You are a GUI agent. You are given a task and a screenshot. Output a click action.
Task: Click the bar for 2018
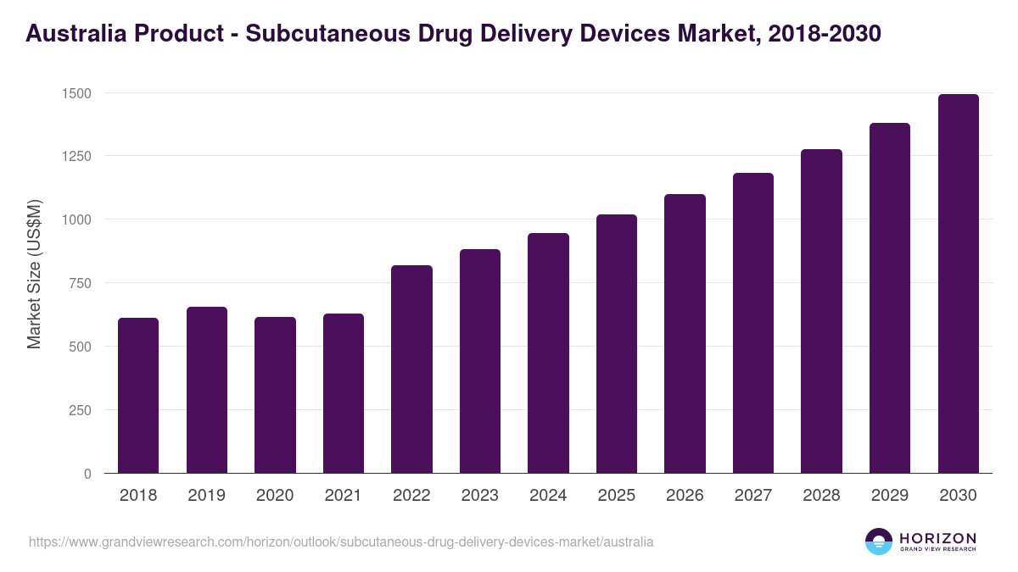coord(138,396)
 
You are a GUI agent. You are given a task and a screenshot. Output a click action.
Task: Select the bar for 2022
coord(411,369)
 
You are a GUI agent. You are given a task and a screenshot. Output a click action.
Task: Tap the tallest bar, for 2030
coord(958,284)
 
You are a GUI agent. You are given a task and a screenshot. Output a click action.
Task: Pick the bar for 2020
coord(275,395)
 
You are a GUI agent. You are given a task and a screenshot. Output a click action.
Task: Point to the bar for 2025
coord(616,344)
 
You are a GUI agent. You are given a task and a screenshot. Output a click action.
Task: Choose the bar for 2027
coord(752,323)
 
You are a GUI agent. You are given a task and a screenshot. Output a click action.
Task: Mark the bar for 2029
coord(889,298)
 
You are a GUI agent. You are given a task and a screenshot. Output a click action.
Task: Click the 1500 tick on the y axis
coord(76,93)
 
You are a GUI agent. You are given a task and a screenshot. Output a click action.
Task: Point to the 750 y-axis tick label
coord(79,283)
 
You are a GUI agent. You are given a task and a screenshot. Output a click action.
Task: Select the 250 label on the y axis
coord(79,410)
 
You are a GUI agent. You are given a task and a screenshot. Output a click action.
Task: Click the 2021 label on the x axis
coord(344,496)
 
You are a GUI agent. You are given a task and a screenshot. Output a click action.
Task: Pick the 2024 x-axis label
coord(548,496)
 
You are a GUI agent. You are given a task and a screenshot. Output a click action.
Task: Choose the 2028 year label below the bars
coord(821,496)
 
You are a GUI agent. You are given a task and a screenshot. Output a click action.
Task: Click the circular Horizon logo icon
coord(878,541)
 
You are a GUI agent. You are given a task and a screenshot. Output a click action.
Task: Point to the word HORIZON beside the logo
coord(937,537)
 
